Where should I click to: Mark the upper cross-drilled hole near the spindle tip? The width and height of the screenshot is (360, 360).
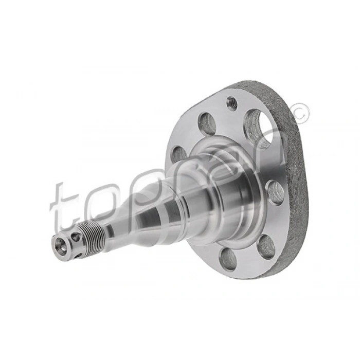pos(76,237)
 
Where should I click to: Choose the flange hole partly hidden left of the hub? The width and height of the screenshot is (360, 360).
pos(177,153)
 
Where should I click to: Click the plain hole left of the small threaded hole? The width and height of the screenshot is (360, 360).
pos(207,123)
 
